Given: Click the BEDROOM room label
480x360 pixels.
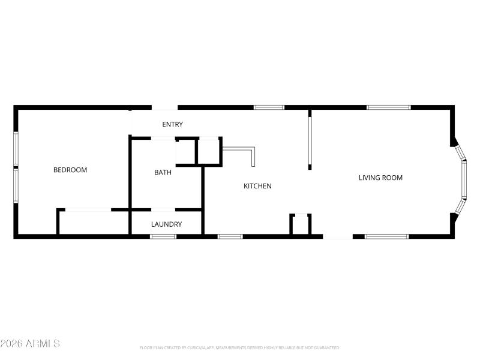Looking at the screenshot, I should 70,170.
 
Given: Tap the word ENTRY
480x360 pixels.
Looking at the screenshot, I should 172,124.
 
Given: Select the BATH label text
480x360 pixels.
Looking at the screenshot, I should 163,172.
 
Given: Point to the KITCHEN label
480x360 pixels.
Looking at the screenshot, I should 257,186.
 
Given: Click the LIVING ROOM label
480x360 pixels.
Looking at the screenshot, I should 380,178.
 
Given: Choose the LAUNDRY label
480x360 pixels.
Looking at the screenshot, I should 166,224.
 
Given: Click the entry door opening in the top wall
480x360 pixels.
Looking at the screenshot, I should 164,107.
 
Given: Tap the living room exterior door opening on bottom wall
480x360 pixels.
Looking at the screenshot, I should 338,236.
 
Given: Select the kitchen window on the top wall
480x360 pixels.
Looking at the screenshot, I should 269,107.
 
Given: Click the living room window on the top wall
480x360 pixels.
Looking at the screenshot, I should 389,107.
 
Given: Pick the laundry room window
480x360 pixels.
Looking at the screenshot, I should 163,236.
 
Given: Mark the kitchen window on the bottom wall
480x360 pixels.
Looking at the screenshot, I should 230,236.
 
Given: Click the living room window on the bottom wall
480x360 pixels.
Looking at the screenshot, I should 387,236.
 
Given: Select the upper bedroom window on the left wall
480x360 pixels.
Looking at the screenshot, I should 16,150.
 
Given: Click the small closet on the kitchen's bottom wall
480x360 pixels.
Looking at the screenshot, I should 301,225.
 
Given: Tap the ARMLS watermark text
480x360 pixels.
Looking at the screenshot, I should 30,344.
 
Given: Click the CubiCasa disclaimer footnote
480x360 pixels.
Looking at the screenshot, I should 240,347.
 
